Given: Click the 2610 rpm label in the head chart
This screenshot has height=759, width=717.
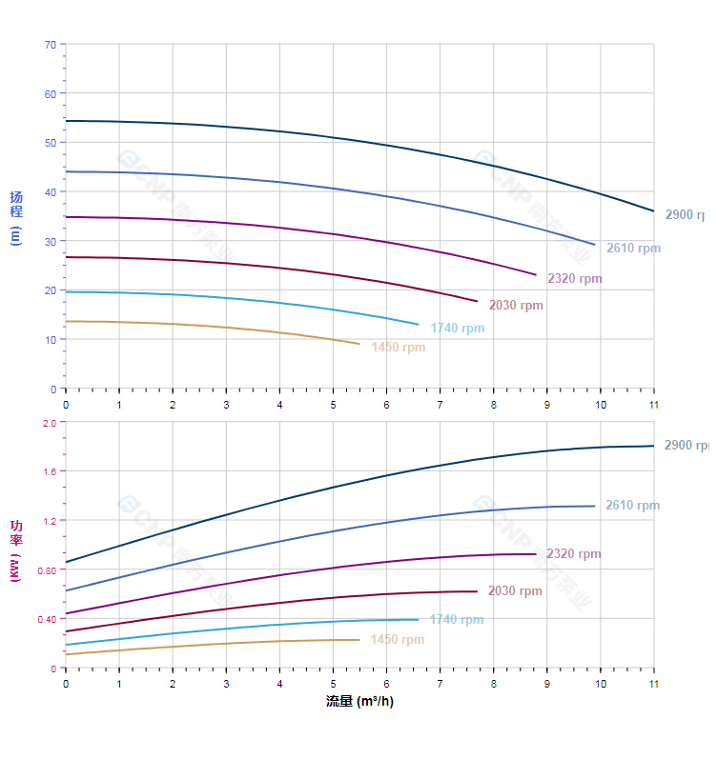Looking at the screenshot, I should coord(633,249).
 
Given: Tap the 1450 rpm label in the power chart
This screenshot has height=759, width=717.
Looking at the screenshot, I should coord(397,640).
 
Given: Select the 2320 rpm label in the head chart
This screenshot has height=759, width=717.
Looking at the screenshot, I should coord(575,279).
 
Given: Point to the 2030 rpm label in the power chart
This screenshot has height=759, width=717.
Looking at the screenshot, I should coord(515,591).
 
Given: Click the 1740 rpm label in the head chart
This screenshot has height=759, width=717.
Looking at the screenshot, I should coord(457,329).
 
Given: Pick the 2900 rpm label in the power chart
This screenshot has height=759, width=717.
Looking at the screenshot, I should coord(686,445).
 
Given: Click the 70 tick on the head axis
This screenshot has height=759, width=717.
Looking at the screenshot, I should coord(50,44).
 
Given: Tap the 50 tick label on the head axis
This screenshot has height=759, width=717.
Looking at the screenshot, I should coord(50,143).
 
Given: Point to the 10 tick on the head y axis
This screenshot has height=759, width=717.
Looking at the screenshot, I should coord(50,340).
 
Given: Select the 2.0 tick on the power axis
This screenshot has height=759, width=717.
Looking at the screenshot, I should coord(50,422).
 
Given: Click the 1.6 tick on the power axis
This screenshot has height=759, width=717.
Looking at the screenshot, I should coord(50,471).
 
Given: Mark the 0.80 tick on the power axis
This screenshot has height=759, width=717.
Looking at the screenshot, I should coord(47,570).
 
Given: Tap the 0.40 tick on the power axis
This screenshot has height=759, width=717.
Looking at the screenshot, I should coord(47,619).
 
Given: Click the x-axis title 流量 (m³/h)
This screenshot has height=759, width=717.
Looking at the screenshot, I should coord(359,702).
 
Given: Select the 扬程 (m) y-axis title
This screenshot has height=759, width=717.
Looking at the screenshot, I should coord(15,217).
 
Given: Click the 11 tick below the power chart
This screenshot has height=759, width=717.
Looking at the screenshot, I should coord(654,684).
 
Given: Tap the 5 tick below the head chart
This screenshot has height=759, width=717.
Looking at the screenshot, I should coord(333,405).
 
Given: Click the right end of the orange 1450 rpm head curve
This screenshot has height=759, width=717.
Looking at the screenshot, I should coord(359,344).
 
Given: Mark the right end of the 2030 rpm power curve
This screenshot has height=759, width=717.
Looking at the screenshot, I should coord(477,591).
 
